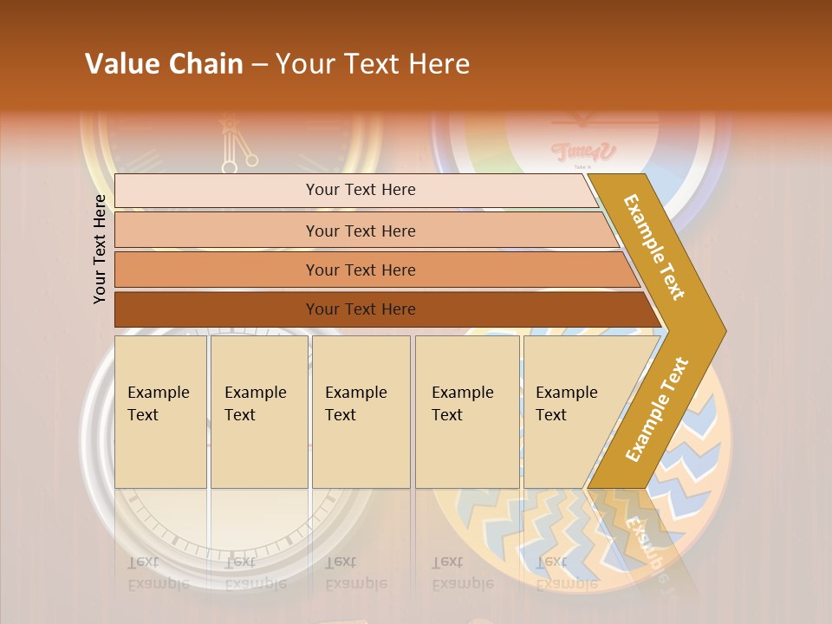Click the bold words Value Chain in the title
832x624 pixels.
(x=164, y=64)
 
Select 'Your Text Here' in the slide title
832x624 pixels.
(x=373, y=64)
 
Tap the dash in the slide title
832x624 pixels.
(x=259, y=65)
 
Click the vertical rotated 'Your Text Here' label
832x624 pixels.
(x=101, y=249)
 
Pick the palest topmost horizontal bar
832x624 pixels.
(x=360, y=190)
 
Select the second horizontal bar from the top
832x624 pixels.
(x=360, y=231)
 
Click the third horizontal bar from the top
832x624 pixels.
(x=360, y=270)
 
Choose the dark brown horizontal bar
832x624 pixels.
(x=360, y=309)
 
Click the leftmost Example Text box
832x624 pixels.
(x=160, y=412)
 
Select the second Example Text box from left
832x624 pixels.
(x=258, y=412)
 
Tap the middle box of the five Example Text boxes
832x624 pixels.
(x=361, y=412)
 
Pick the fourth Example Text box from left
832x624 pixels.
(x=467, y=412)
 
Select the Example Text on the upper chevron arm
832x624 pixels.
(x=654, y=247)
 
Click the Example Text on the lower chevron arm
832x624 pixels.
(x=657, y=409)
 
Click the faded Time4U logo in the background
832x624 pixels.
(x=583, y=153)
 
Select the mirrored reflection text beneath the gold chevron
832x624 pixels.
(x=646, y=546)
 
